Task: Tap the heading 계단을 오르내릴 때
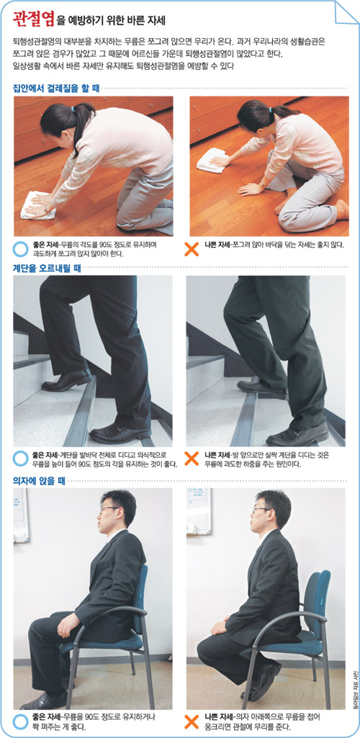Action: (47, 266)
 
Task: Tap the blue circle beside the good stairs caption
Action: (20, 459)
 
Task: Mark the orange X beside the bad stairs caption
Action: (192, 459)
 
